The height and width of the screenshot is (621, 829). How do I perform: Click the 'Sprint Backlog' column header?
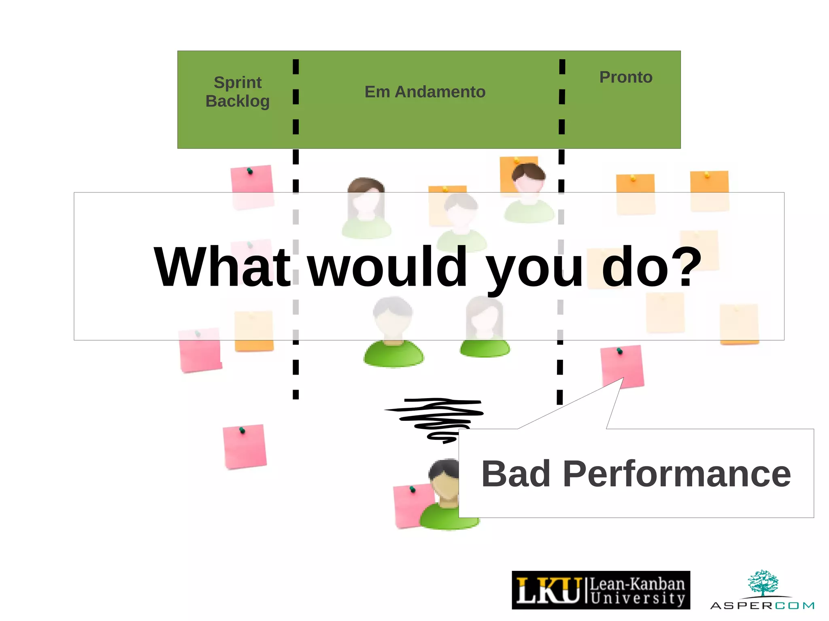(238, 92)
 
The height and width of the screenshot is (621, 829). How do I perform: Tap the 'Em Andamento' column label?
(425, 92)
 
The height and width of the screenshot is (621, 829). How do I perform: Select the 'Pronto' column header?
(626, 77)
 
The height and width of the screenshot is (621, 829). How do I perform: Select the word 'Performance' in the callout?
(676, 474)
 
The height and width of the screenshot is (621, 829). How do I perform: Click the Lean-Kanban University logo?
(601, 590)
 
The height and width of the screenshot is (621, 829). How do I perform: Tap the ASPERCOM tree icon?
(763, 583)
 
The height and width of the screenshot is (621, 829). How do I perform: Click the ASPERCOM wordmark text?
(762, 606)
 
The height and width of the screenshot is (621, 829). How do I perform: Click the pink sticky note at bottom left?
(244, 446)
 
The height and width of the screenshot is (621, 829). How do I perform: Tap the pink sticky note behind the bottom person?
(409, 506)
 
